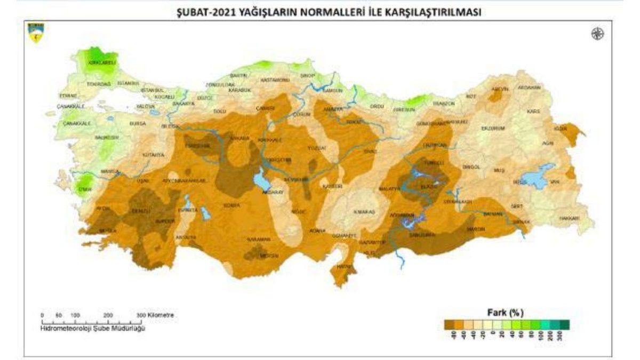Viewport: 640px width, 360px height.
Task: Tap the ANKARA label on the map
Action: (239, 138)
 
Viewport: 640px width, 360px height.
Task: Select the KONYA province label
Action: (231, 205)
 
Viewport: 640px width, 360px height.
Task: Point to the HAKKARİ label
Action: (570, 219)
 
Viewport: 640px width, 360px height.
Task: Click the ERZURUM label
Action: (492, 129)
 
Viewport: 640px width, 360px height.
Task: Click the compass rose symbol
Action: (597, 34)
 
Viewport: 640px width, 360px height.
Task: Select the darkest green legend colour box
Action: (564, 324)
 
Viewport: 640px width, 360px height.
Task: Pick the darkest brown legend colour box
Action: (449, 324)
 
